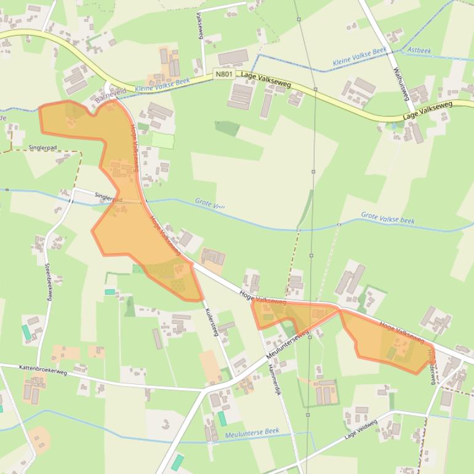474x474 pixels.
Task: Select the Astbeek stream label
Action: click(x=419, y=50)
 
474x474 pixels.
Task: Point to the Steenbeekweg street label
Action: click(x=48, y=282)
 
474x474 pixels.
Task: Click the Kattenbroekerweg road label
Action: click(x=42, y=370)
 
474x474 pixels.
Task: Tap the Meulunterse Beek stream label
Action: click(x=252, y=433)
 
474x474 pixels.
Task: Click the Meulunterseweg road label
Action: click(x=287, y=347)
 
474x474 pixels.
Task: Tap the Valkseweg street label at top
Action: click(x=199, y=26)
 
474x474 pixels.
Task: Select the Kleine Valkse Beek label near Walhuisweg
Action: click(x=360, y=57)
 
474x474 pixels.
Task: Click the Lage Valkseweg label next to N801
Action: click(x=266, y=79)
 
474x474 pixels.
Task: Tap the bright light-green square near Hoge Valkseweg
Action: click(x=163, y=140)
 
